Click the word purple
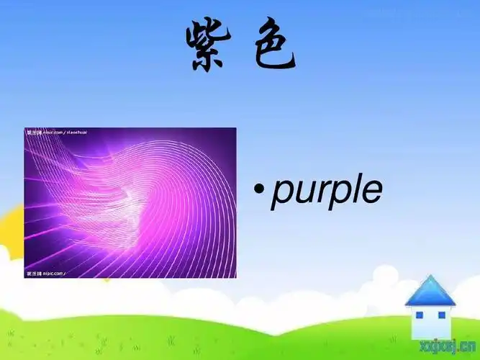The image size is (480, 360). click(326, 191)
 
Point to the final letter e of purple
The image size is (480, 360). click(371, 192)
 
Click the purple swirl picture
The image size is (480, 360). click(130, 202)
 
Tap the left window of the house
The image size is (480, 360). click(420, 315)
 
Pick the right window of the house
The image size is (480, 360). click(441, 315)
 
